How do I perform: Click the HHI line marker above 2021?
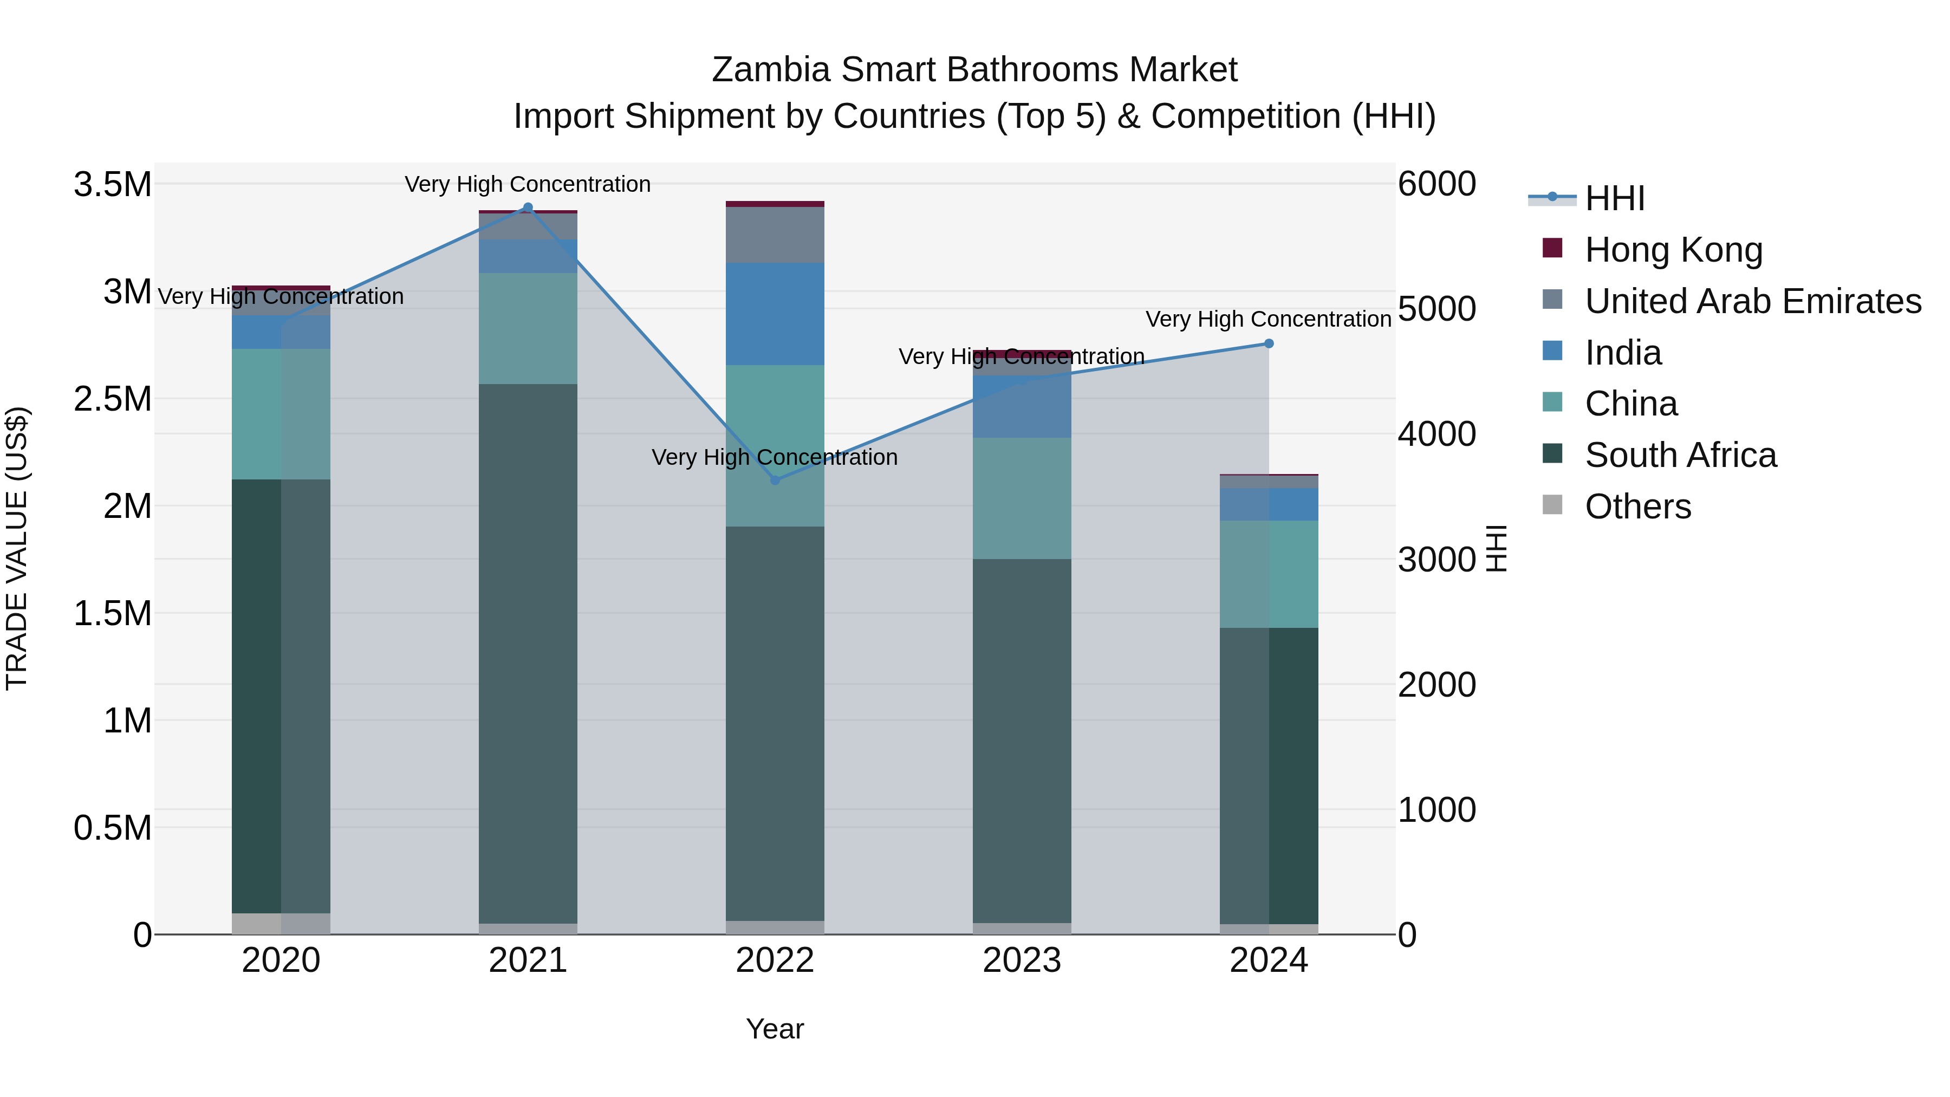[x=528, y=207]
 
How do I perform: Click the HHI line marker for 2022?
[x=775, y=480]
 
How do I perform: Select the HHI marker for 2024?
[x=1269, y=343]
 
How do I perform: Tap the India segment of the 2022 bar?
[x=775, y=314]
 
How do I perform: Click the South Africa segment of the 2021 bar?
[x=528, y=651]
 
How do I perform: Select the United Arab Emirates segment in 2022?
[x=775, y=234]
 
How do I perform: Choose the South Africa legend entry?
[x=1680, y=455]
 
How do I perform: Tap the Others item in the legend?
[x=1637, y=507]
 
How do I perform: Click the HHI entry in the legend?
[x=1614, y=198]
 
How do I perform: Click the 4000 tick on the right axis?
[x=1436, y=434]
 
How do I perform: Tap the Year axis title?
[x=775, y=1028]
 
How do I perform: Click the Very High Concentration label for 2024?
[x=1268, y=319]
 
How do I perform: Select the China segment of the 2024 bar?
[x=1269, y=573]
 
